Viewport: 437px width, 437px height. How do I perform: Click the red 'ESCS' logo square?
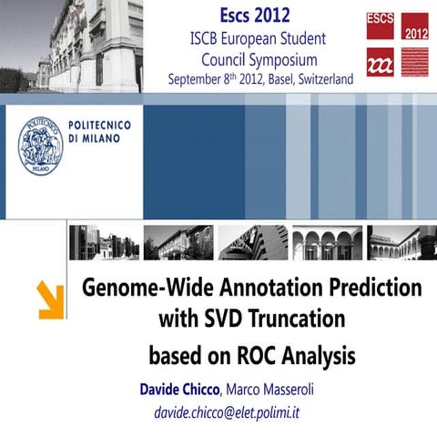click(380, 25)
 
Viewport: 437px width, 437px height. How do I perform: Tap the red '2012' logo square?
click(414, 25)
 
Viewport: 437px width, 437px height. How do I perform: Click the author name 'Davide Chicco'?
click(179, 390)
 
